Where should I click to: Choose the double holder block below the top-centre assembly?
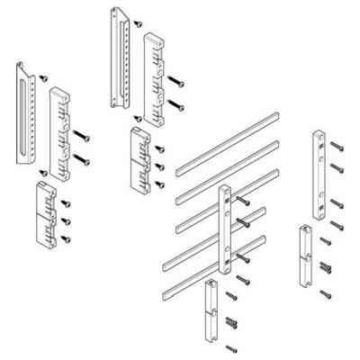(x=140, y=155)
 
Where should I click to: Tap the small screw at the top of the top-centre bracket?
(x=136, y=19)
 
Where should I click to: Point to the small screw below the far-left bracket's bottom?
(x=44, y=171)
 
